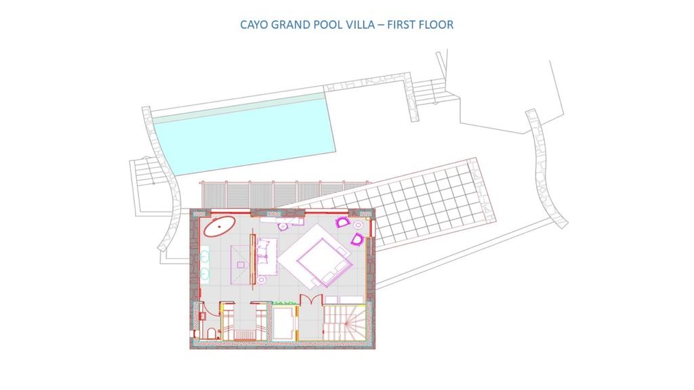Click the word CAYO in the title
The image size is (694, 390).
pos(253,24)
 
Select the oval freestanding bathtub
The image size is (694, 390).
pos(220,226)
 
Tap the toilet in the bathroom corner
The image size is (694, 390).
pos(211,333)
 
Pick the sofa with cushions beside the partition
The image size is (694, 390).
pos(266,257)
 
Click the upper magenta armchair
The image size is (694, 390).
pos(342,222)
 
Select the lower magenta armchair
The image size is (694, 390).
pos(357,239)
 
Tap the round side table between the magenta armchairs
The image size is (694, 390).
pos(358,225)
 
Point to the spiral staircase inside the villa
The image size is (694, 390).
pos(345,322)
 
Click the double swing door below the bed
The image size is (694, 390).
pos(311,300)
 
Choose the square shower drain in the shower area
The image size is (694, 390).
pos(241,265)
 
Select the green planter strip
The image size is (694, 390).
pos(284,303)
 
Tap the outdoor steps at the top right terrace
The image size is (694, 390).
pos(429,91)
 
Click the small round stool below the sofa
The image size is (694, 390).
pos(262,280)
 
